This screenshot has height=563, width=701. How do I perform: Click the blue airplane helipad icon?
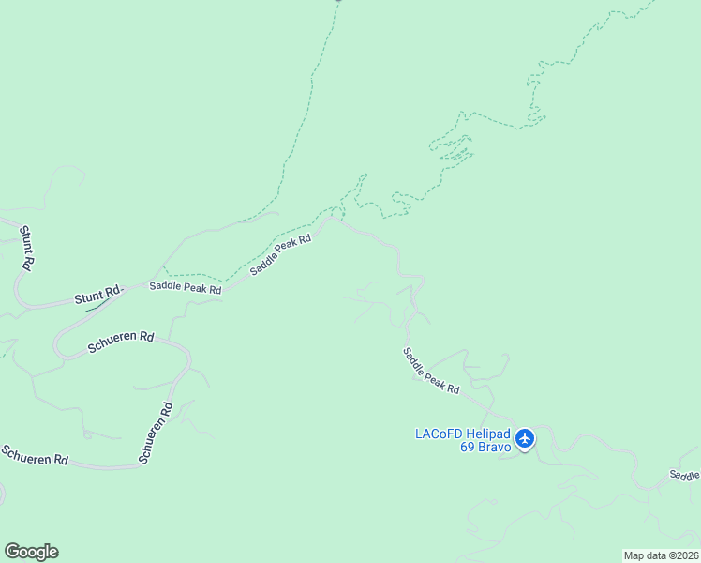tap(525, 438)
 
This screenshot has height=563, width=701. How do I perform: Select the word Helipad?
tap(488, 434)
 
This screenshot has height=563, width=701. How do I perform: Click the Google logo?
tap(31, 552)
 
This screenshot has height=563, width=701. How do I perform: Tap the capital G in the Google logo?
tap(12, 552)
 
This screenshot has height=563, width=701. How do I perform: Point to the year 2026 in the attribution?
tap(685, 555)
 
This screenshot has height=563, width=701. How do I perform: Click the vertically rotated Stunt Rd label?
tap(26, 249)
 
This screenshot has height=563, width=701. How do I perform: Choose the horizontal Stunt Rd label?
tap(98, 297)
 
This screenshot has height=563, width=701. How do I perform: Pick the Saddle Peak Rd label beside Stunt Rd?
tap(186, 288)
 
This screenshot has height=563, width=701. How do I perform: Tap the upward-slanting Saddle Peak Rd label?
tap(281, 253)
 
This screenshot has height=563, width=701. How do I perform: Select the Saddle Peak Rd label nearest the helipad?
tap(431, 371)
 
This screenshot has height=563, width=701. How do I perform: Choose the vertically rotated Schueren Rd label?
tap(156, 433)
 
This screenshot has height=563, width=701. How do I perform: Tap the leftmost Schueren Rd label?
tap(34, 456)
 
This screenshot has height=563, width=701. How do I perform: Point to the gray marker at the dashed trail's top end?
tap(338, 1)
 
